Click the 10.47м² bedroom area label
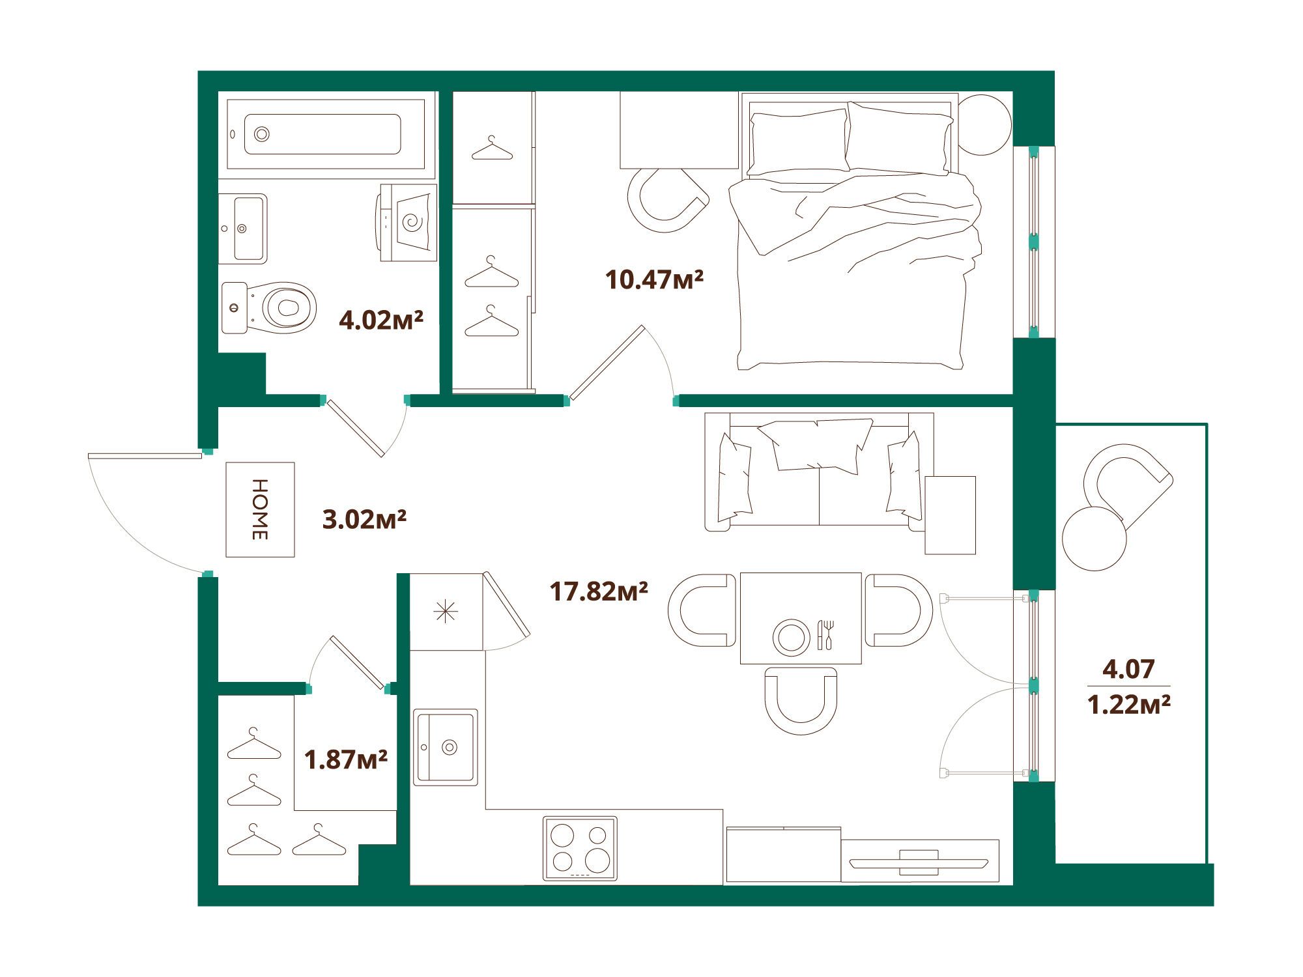click(654, 279)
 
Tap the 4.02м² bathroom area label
click(381, 320)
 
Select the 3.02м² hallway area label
click(365, 519)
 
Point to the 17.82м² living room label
click(599, 591)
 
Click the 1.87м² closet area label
click(346, 759)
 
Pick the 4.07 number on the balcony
click(1128, 669)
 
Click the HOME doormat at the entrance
click(260, 509)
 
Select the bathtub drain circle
click(262, 134)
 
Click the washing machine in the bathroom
click(407, 223)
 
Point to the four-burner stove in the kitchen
click(580, 849)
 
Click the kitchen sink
click(446, 747)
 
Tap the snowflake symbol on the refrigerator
click(446, 612)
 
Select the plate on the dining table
click(792, 636)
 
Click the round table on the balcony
click(1095, 539)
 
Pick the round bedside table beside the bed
click(984, 125)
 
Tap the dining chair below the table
click(801, 700)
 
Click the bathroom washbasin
click(242, 229)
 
